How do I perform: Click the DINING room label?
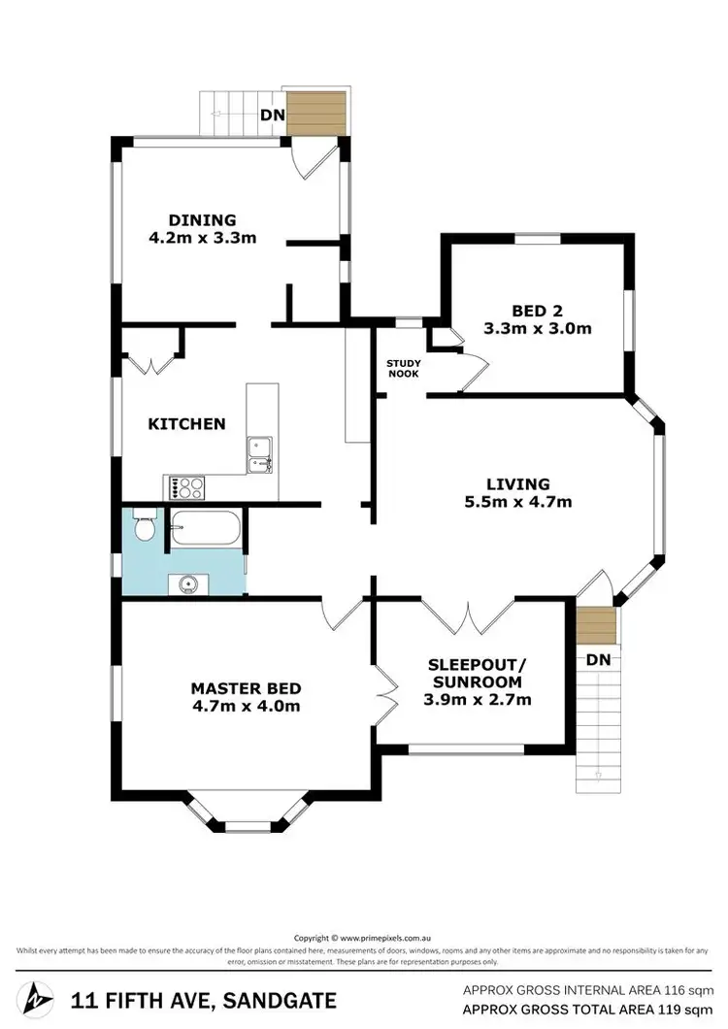click(x=202, y=219)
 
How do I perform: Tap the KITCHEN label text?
click(x=186, y=423)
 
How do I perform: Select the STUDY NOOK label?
click(x=403, y=367)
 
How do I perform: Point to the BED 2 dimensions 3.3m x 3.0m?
click(x=537, y=328)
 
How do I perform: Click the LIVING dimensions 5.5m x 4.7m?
click(x=518, y=502)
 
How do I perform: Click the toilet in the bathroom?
click(x=144, y=527)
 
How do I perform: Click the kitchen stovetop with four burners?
click(x=186, y=488)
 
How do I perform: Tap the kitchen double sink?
click(x=260, y=455)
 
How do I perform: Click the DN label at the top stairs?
click(x=271, y=115)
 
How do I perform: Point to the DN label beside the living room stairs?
click(x=599, y=659)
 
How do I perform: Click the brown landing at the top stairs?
click(x=318, y=114)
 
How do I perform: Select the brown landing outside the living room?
click(x=595, y=626)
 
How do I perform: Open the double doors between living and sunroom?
click(x=469, y=614)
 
